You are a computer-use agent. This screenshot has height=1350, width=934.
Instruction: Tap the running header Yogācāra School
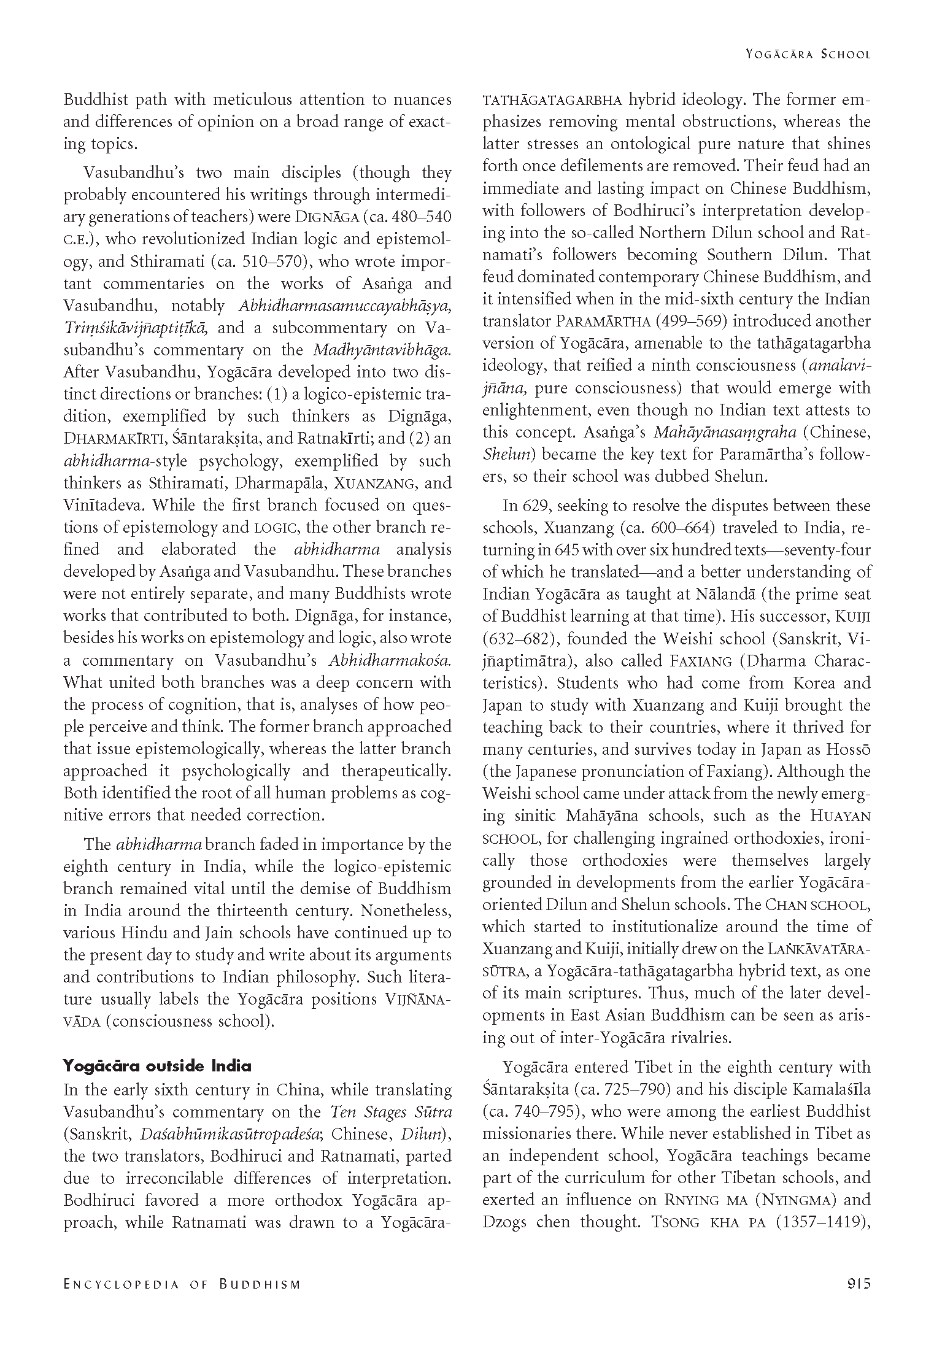[808, 54]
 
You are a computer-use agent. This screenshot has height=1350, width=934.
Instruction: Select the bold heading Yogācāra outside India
[157, 1066]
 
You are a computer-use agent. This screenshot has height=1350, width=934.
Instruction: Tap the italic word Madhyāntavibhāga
[382, 350]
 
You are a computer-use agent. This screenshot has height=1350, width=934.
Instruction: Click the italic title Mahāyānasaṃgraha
[725, 432]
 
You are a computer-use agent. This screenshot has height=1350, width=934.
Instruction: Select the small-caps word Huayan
[840, 816]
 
